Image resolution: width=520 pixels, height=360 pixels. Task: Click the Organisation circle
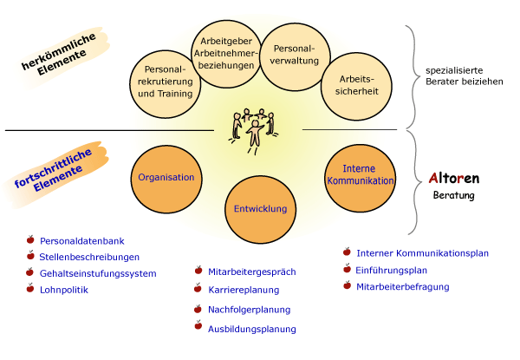pyautogui.click(x=166, y=177)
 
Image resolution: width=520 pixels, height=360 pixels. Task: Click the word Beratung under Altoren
pyautogui.click(x=454, y=195)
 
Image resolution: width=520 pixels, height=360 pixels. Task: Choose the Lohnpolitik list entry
pyautogui.click(x=64, y=291)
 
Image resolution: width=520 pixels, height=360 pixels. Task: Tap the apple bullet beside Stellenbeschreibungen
pyautogui.click(x=31, y=256)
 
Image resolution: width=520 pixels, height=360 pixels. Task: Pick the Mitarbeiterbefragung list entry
pyautogui.click(x=403, y=285)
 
